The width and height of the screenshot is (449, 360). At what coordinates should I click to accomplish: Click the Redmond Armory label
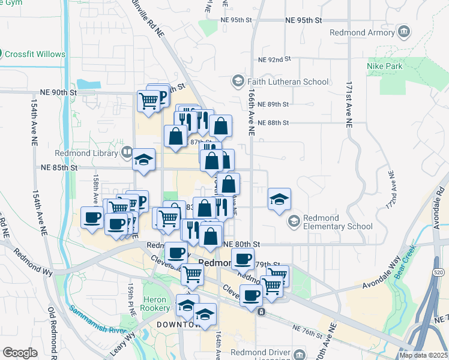pyautogui.click(x=368, y=31)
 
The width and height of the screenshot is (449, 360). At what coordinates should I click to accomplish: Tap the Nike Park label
pyautogui.click(x=384, y=66)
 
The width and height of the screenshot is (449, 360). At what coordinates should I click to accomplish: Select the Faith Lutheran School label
pyautogui.click(x=288, y=82)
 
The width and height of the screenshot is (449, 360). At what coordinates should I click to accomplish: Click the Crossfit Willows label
pyautogui.click(x=35, y=54)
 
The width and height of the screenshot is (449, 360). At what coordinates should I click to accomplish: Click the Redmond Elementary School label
pyautogui.click(x=334, y=222)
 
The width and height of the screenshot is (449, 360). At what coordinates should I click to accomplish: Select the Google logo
pyautogui.click(x=20, y=353)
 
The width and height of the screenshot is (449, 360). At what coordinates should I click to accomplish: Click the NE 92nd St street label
pyautogui.click(x=274, y=59)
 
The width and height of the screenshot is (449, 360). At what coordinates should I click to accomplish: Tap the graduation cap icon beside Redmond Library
pyautogui.click(x=143, y=160)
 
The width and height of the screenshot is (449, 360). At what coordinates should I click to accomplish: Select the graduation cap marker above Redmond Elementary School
pyautogui.click(x=279, y=200)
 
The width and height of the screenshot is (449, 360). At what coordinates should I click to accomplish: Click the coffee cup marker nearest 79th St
pyautogui.click(x=243, y=259)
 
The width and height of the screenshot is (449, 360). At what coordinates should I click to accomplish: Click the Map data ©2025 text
pyautogui.click(x=424, y=355)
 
